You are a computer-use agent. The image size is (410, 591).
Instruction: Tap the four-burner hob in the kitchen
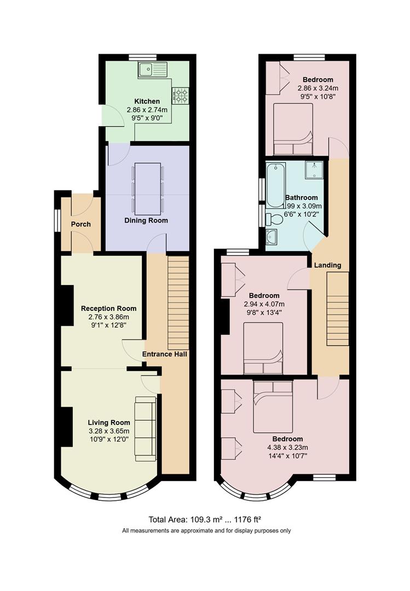coord(180,96)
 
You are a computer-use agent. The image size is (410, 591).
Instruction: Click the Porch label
coord(80,224)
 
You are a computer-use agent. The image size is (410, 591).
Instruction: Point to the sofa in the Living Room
coord(146,428)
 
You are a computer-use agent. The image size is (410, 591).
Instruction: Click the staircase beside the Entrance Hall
coord(178,303)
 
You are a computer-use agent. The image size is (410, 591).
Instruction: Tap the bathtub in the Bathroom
coord(276,186)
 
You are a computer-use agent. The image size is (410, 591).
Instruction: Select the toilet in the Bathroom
coord(274,219)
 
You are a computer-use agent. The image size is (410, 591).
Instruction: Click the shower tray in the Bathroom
coord(314,170)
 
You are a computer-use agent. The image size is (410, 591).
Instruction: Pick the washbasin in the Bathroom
coord(271,237)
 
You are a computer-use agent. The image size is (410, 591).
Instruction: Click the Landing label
coord(327,265)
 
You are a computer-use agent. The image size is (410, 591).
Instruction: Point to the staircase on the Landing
coord(338,309)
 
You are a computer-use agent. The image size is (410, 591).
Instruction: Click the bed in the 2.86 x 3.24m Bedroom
coord(293,129)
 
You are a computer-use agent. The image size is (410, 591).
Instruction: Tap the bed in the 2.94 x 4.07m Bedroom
coord(263,348)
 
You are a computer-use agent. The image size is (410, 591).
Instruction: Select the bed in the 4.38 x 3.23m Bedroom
coord(273,407)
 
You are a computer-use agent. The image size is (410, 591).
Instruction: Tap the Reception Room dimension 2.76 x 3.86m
coord(108,317)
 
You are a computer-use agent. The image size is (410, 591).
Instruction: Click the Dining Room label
coord(146,220)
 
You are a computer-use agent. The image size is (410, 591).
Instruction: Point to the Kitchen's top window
coord(147,57)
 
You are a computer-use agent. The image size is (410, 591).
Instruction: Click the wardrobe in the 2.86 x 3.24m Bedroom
coord(277,78)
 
